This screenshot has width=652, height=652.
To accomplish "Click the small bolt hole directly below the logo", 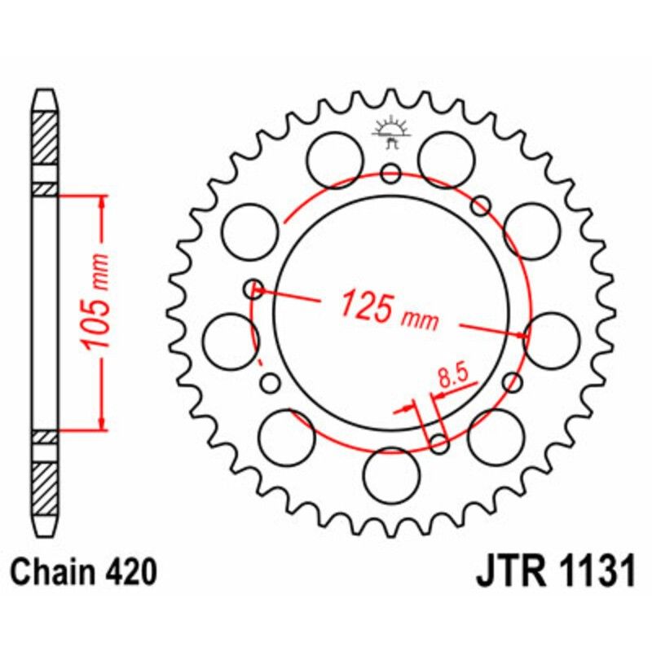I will (390, 173).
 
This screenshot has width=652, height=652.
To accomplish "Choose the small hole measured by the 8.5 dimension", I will (438, 444).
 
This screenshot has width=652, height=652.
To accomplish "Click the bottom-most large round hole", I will (389, 475).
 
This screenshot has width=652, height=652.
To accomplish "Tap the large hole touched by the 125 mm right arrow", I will (553, 337).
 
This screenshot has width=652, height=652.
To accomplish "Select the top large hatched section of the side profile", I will (46, 135).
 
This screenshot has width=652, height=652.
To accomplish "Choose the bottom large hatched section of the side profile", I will (46, 488).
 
